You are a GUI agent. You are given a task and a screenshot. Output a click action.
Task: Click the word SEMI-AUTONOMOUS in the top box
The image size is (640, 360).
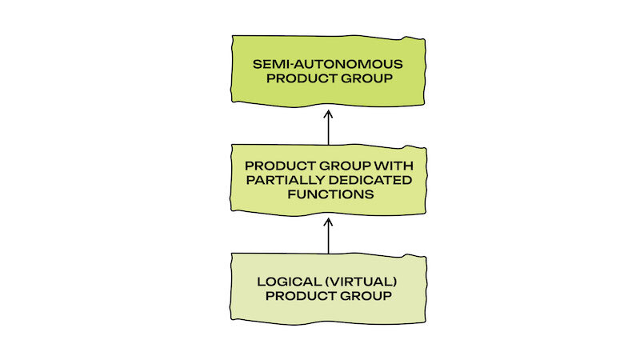328,63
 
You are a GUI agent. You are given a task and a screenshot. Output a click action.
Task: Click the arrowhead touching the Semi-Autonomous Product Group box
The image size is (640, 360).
328,113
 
